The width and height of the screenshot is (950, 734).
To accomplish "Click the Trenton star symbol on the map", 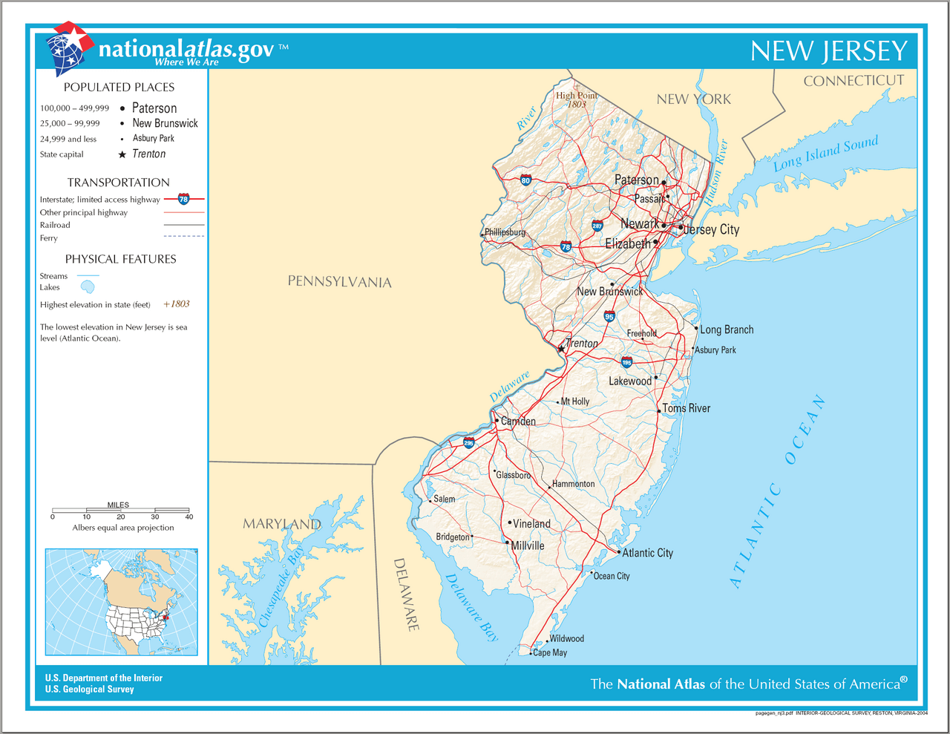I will coord(561,348).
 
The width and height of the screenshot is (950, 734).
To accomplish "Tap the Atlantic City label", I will coord(647,553).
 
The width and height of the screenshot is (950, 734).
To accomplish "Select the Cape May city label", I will coord(550,653).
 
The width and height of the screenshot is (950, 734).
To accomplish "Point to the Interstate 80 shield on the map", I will coord(525,180).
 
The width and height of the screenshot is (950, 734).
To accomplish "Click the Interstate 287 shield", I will coord(597,226).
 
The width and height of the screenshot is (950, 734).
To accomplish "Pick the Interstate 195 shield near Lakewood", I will coord(626,362).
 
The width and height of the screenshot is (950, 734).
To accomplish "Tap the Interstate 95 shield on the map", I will coord(609,316).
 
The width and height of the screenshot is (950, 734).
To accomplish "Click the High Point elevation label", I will coord(577,99).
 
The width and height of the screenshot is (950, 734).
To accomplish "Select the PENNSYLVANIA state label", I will coord(339,281).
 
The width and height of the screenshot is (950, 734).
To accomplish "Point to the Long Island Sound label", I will coord(825,153).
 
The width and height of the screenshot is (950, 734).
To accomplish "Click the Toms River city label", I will coord(686,408).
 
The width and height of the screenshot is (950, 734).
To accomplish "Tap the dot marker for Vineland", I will coord(510,522).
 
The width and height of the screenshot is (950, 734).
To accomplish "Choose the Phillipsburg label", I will coord(505,232).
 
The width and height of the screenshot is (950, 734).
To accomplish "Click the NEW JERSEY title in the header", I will coord(828,51).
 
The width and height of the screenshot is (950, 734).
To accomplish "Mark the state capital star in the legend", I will coord(122,154).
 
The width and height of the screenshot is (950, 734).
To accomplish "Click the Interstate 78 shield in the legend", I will coord(183,199).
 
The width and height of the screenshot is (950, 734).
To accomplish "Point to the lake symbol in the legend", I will coord(88,286).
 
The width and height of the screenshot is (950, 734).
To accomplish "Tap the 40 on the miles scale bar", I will coord(189,517).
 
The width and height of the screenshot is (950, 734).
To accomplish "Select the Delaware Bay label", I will coord(472,607).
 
